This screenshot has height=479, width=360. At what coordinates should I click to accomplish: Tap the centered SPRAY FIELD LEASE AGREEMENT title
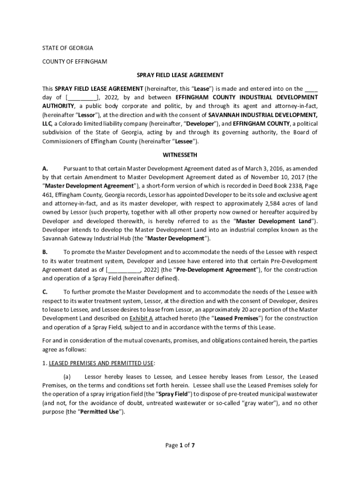pyautogui.click(x=180, y=75)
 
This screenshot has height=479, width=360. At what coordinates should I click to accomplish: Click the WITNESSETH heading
pyautogui.click(x=180, y=155)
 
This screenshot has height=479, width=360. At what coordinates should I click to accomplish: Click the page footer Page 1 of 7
pyautogui.click(x=180, y=445)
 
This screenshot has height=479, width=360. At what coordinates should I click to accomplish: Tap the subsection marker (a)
pyautogui.click(x=67, y=377)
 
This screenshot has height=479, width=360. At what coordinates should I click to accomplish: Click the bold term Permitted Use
pyautogui.click(x=101, y=412)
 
